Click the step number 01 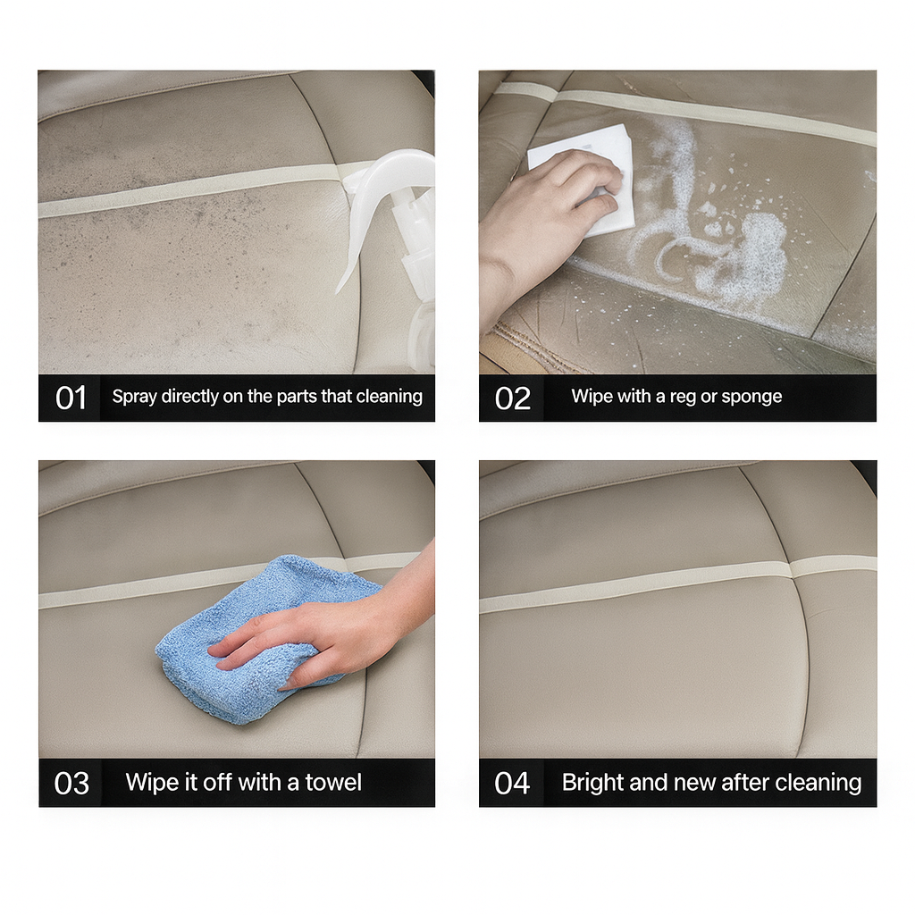click(x=71, y=398)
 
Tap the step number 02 click(x=512, y=399)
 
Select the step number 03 click(x=71, y=783)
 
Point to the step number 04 click(x=512, y=783)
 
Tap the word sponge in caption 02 click(x=751, y=397)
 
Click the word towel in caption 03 click(x=333, y=783)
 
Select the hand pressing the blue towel click(x=327, y=630)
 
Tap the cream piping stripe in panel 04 click(x=677, y=583)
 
